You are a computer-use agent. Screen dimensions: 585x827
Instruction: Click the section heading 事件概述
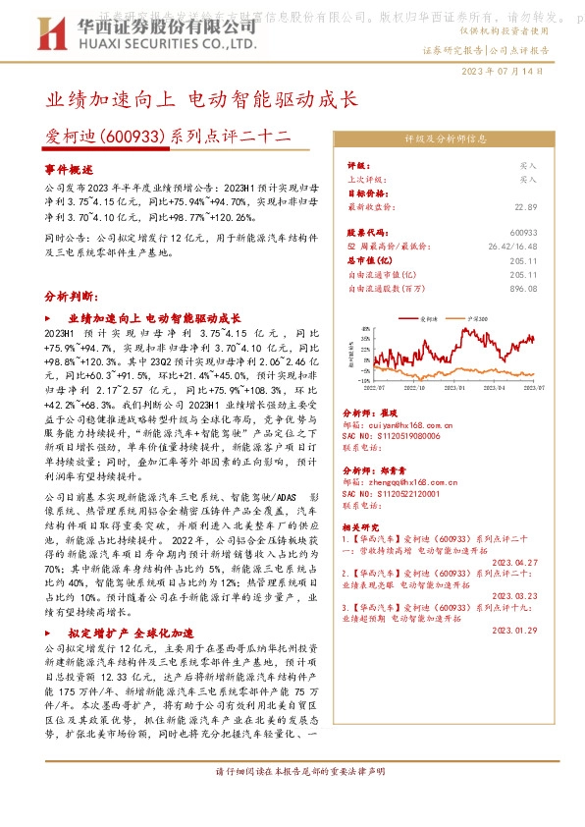pyautogui.click(x=70, y=170)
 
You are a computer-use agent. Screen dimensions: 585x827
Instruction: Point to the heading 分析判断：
pyautogui.click(x=71, y=296)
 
